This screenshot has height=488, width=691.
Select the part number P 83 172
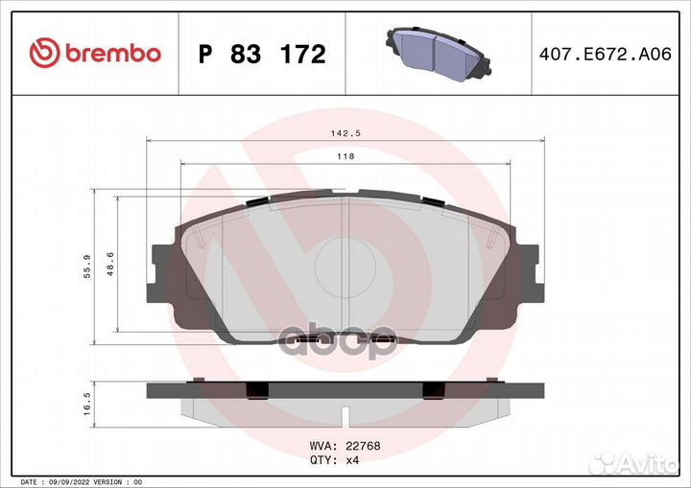click(262, 55)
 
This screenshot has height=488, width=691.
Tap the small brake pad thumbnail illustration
click(438, 54)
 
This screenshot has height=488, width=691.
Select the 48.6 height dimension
click(109, 264)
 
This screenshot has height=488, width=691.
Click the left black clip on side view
click(257, 390)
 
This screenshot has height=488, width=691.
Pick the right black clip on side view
click(433, 390)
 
